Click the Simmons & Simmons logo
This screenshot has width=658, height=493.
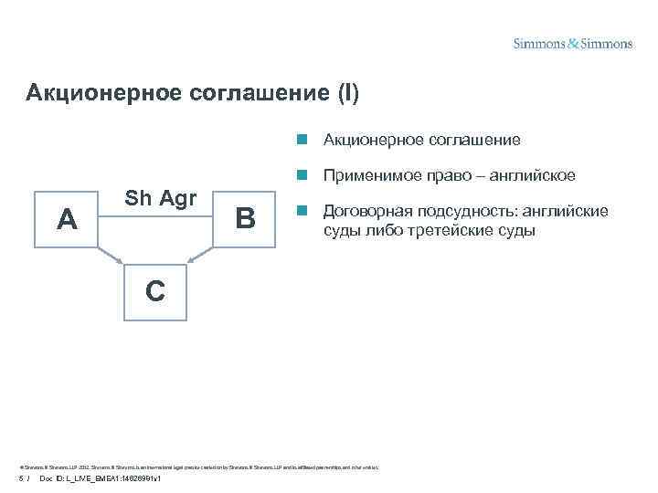[x=572, y=43]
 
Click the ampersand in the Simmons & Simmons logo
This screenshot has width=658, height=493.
[x=573, y=43]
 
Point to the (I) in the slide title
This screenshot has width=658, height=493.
[x=348, y=93]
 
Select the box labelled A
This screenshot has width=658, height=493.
[x=65, y=219]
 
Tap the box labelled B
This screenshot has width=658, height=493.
[x=244, y=219]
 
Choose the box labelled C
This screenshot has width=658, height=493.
[x=154, y=291]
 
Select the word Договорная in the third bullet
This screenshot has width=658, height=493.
[x=363, y=211]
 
